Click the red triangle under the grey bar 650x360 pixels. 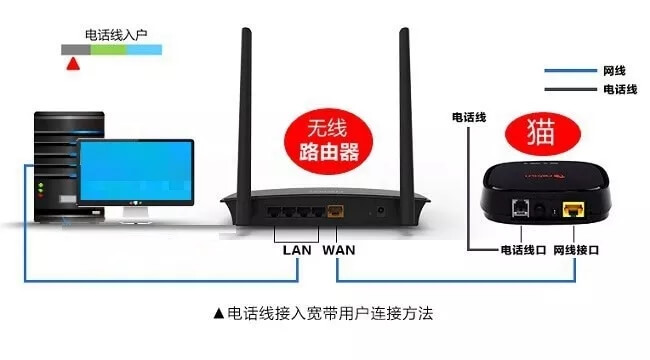point(71,65)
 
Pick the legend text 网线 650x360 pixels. point(614,71)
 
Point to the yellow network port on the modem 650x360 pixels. point(573,209)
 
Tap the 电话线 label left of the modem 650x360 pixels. point(468,117)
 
